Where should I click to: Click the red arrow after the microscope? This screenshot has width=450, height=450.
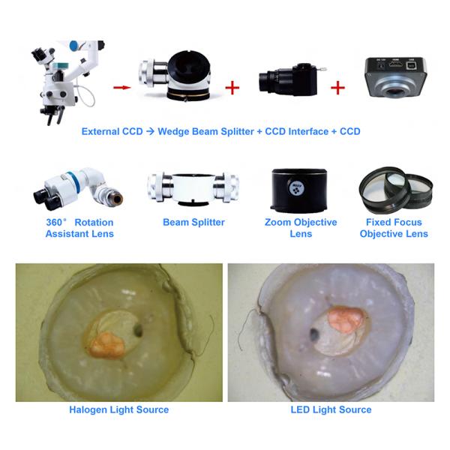coord(122,87)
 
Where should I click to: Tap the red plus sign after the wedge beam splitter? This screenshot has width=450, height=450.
coord(232,88)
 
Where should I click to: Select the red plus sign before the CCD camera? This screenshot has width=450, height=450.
coord(337,88)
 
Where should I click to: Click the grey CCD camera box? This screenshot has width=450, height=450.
coord(396,77)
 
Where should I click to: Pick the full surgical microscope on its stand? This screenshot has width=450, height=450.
coord(68,82)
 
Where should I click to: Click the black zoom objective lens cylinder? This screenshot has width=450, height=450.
coord(299,190)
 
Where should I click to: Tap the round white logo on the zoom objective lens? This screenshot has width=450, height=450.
coord(296,188)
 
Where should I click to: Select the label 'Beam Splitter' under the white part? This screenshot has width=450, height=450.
coord(193,223)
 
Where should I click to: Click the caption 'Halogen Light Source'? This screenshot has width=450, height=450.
coord(119,409)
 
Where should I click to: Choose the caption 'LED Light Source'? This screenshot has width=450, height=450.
coord(331,409)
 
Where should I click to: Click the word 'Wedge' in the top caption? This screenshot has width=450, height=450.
coord(173,131)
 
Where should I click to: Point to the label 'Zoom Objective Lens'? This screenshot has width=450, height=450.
coord(301,228)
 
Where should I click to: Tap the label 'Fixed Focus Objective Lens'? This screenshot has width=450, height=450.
coord(394,228)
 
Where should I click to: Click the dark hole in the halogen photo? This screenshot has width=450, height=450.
coord(138,330)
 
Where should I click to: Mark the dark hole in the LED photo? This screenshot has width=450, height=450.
coord(314,334)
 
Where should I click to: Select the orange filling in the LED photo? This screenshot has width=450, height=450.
coord(345,319)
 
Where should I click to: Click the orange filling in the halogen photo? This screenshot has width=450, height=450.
coord(106,345)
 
